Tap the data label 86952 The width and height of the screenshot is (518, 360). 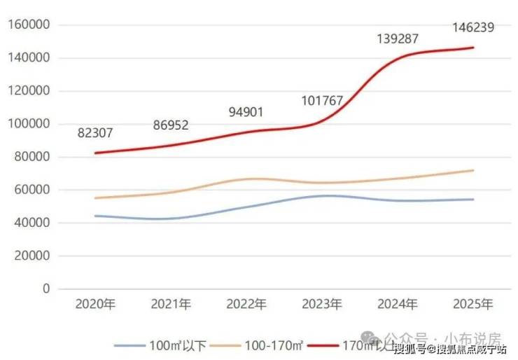171,125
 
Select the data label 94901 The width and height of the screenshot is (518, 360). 247,113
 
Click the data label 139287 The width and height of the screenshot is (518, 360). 397,39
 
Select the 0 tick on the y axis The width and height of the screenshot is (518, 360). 46,289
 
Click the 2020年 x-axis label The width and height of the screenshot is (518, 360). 95,305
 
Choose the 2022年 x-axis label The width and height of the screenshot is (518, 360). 247,305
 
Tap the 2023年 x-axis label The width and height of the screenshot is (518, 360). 322,305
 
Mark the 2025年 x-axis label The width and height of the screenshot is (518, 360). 474,305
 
